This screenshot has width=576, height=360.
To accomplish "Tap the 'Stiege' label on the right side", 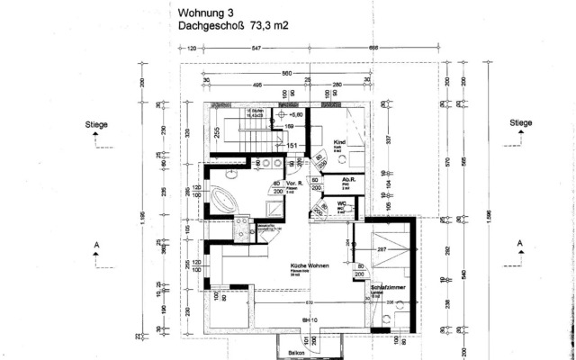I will click(x=520, y=123).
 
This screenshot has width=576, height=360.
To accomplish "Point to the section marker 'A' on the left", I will click(x=95, y=244).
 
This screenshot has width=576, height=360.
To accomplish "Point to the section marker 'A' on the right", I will click(x=519, y=244).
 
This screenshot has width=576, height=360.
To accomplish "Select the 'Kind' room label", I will click(x=339, y=143).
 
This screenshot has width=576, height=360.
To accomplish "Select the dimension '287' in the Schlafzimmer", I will click(x=381, y=247).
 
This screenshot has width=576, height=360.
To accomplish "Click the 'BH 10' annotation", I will click(x=309, y=319).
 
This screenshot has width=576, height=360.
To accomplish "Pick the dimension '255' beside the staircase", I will click(x=217, y=131).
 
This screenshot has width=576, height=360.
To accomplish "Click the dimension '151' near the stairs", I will click(x=291, y=144).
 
